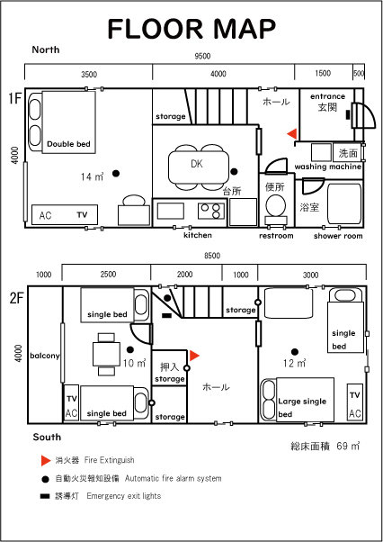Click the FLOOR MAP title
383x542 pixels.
click(x=191, y=29)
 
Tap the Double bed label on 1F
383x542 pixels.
click(x=68, y=144)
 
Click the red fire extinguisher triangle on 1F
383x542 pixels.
click(x=292, y=133)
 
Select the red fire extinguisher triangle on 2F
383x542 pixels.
click(x=194, y=356)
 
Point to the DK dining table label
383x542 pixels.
click(x=197, y=164)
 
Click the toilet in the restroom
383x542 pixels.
click(x=276, y=209)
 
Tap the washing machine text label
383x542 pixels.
click(x=328, y=167)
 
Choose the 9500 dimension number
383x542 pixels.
click(x=202, y=56)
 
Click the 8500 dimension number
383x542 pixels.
click(x=212, y=256)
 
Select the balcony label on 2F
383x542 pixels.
click(x=45, y=356)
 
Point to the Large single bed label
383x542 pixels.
click(x=301, y=408)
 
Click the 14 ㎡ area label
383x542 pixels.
click(x=92, y=176)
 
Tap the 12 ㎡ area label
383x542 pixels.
click(x=295, y=364)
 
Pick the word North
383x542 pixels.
click(x=46, y=50)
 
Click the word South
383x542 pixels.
click(x=47, y=437)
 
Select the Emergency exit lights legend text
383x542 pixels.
click(x=124, y=496)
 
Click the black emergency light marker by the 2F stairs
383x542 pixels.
click(x=167, y=315)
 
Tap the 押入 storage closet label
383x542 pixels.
click(x=169, y=372)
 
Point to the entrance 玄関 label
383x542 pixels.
click(x=327, y=103)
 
